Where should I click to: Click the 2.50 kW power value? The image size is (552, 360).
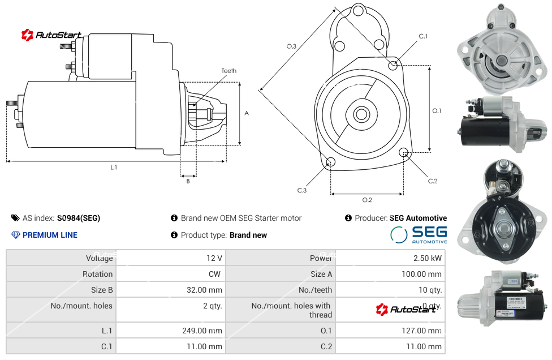coord(428,258)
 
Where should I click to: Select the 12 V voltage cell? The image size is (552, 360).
coord(214,258)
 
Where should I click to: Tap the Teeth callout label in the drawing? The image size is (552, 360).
coord(229,71)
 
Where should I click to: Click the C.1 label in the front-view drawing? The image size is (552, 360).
coord(423,36)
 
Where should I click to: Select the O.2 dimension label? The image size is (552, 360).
coord(367,200)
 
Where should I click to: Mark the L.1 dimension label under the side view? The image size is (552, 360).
coord(114,167)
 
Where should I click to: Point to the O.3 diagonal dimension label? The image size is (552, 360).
coord(291,46)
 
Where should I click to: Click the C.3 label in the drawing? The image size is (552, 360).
coord(302,190)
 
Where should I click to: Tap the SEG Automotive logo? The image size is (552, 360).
coord(419,234)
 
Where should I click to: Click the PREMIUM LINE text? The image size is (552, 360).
coord(50,235)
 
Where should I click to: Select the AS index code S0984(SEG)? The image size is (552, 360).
coord(79,218)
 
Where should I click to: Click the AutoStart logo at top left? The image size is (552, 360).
coord(51,35)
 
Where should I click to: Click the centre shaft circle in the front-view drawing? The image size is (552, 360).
coord(360,114)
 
